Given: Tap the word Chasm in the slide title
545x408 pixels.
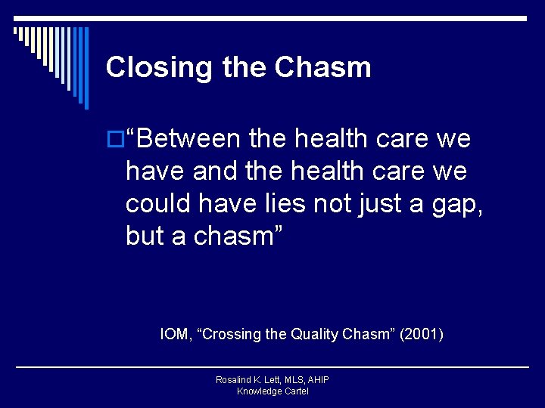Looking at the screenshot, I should point(323,67).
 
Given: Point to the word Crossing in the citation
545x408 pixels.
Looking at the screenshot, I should point(231,333).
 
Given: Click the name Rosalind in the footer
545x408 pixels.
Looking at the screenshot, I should point(235,380).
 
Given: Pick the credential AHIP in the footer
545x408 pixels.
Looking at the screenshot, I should point(316,380).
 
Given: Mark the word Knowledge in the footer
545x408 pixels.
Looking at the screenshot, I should point(258,391).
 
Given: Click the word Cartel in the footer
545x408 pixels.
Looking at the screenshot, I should point(295,391).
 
